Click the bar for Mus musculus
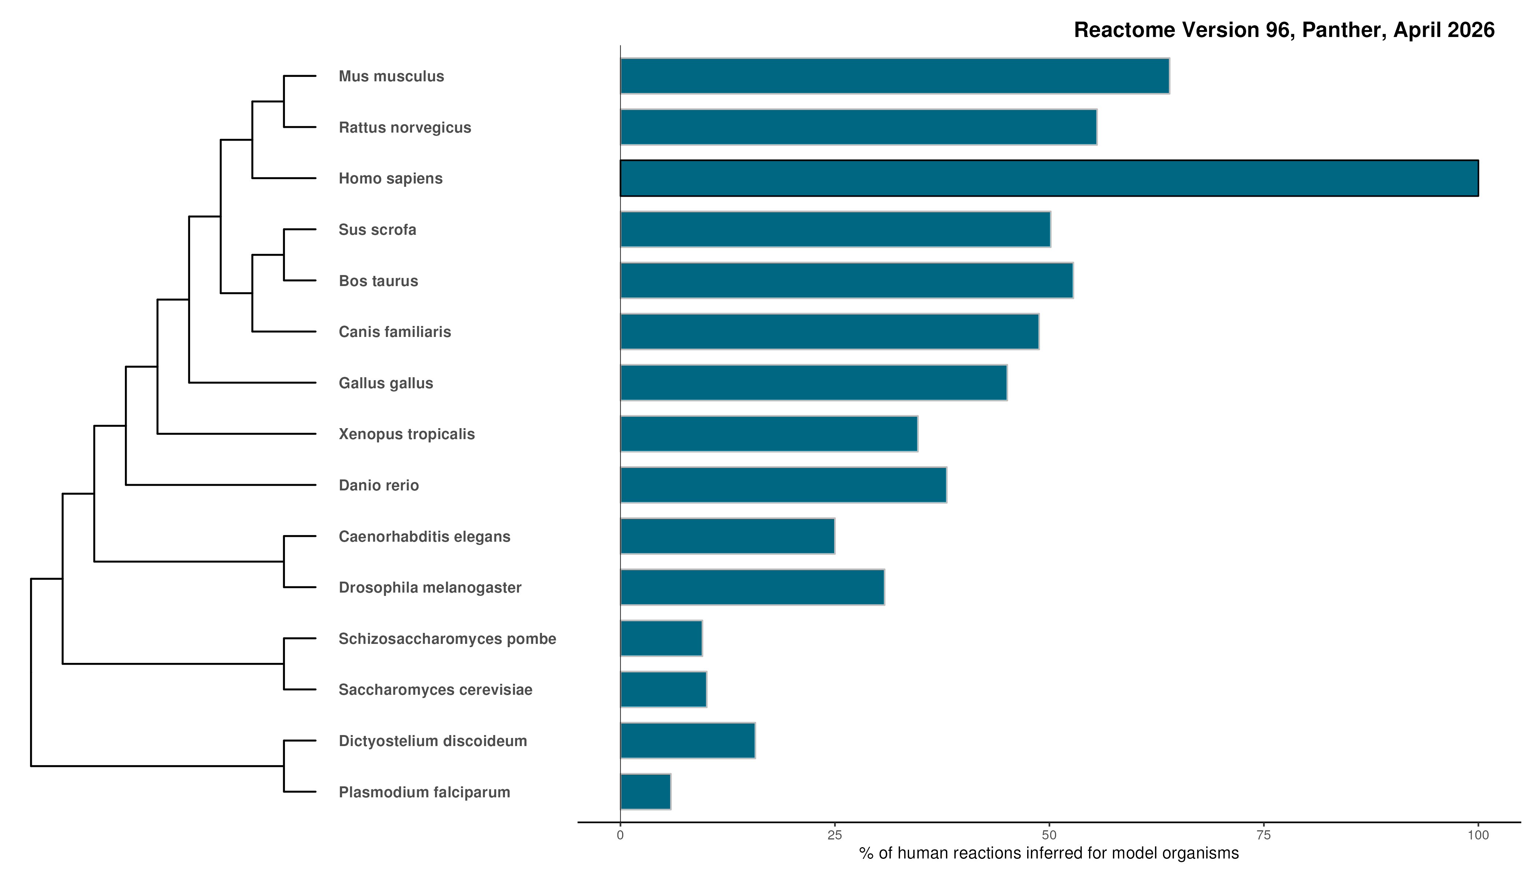pos(895,76)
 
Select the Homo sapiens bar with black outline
pos(1049,178)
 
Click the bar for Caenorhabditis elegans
pos(727,536)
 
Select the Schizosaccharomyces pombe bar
pos(661,638)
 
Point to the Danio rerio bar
pos(783,485)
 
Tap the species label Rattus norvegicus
pos(404,127)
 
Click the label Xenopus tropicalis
pos(406,434)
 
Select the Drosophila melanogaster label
pos(430,587)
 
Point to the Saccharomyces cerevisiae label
pos(435,689)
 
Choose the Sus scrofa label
pos(377,229)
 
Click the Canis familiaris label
pos(395,331)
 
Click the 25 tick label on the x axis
pos(834,835)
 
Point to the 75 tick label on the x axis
pos(1263,835)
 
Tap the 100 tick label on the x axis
pos(1478,835)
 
